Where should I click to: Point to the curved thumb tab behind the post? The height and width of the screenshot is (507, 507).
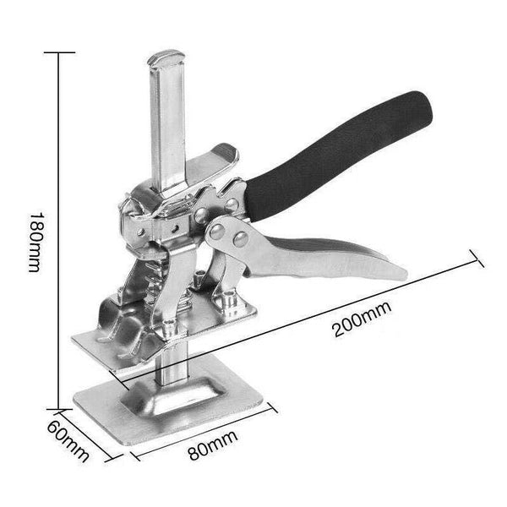click(215, 161)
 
